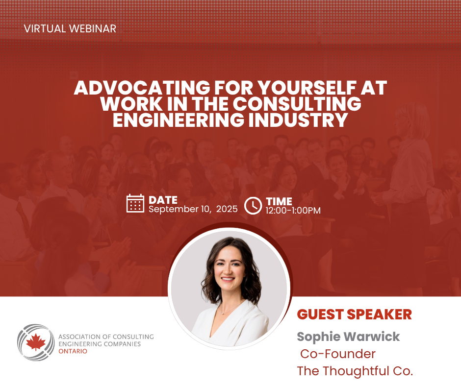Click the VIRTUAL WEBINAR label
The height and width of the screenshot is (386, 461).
click(x=70, y=29)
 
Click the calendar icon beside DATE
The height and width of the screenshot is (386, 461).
click(x=135, y=203)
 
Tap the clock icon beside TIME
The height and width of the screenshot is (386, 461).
click(x=253, y=206)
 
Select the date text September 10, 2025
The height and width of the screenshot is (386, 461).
click(x=193, y=209)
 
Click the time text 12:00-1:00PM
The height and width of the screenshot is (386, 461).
click(x=293, y=211)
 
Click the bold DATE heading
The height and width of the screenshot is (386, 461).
click(x=163, y=200)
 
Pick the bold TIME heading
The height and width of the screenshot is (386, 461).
click(x=279, y=201)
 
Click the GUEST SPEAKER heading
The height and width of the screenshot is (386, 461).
click(x=354, y=314)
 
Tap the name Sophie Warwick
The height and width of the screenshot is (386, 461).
click(x=348, y=337)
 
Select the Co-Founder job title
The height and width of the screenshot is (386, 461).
click(x=338, y=354)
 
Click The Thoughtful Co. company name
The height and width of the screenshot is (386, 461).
click(x=355, y=371)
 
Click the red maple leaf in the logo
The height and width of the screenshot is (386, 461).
click(x=36, y=342)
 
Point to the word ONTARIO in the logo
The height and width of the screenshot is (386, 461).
click(x=73, y=351)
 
